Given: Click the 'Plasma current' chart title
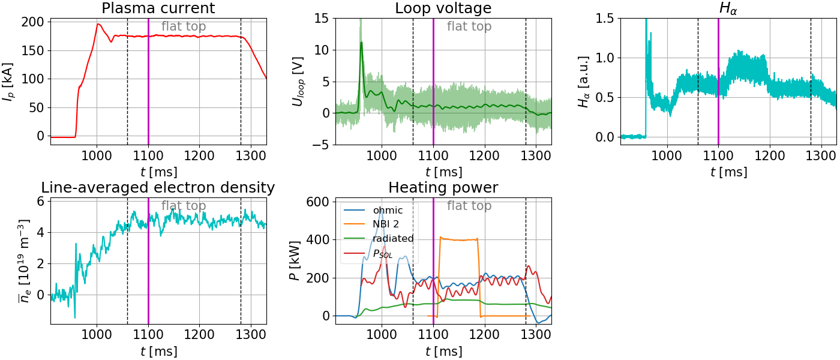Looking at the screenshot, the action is (158, 8).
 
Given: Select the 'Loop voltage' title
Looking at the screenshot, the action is (443, 8).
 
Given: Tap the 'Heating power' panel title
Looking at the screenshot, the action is (443, 187).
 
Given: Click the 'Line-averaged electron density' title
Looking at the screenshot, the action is (158, 187).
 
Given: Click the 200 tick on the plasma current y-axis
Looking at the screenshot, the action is (32, 22).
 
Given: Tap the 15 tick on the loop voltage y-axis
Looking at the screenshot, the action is (322, 19).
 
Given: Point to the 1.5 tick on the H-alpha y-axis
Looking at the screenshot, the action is (605, 19).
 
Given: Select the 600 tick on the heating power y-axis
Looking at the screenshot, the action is (317, 202).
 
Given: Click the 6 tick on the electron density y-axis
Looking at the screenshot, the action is (41, 202).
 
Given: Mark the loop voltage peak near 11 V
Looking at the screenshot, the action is (361, 43).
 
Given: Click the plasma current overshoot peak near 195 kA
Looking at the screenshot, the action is (98, 25).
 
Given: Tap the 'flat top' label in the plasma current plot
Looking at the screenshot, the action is (184, 26).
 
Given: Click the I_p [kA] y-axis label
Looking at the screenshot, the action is (8, 82).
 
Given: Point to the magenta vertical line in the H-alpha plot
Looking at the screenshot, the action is (718, 81).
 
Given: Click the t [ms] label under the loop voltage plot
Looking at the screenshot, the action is (443, 172).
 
